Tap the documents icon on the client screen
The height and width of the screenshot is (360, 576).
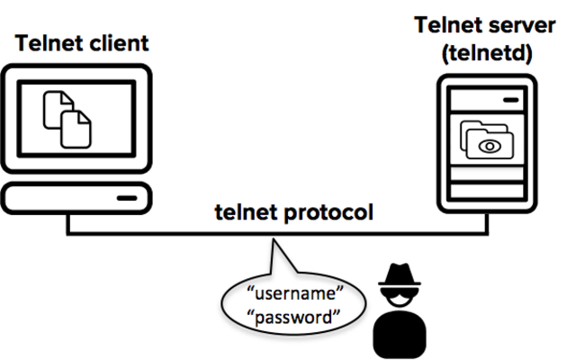pyautogui.click(x=67, y=116)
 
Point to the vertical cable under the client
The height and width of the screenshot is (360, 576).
pyautogui.click(x=68, y=224)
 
